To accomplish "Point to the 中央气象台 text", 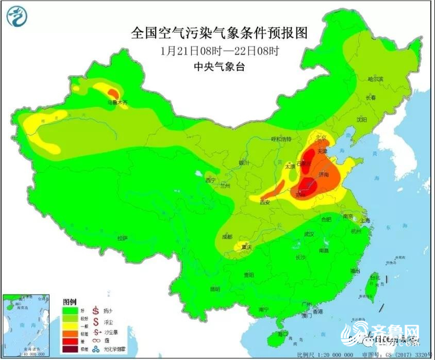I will (x=219, y=66).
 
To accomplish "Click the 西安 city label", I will (x=265, y=203).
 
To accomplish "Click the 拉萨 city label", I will (x=122, y=238).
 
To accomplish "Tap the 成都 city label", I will (x=226, y=236).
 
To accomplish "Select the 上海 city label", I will (x=365, y=220).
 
